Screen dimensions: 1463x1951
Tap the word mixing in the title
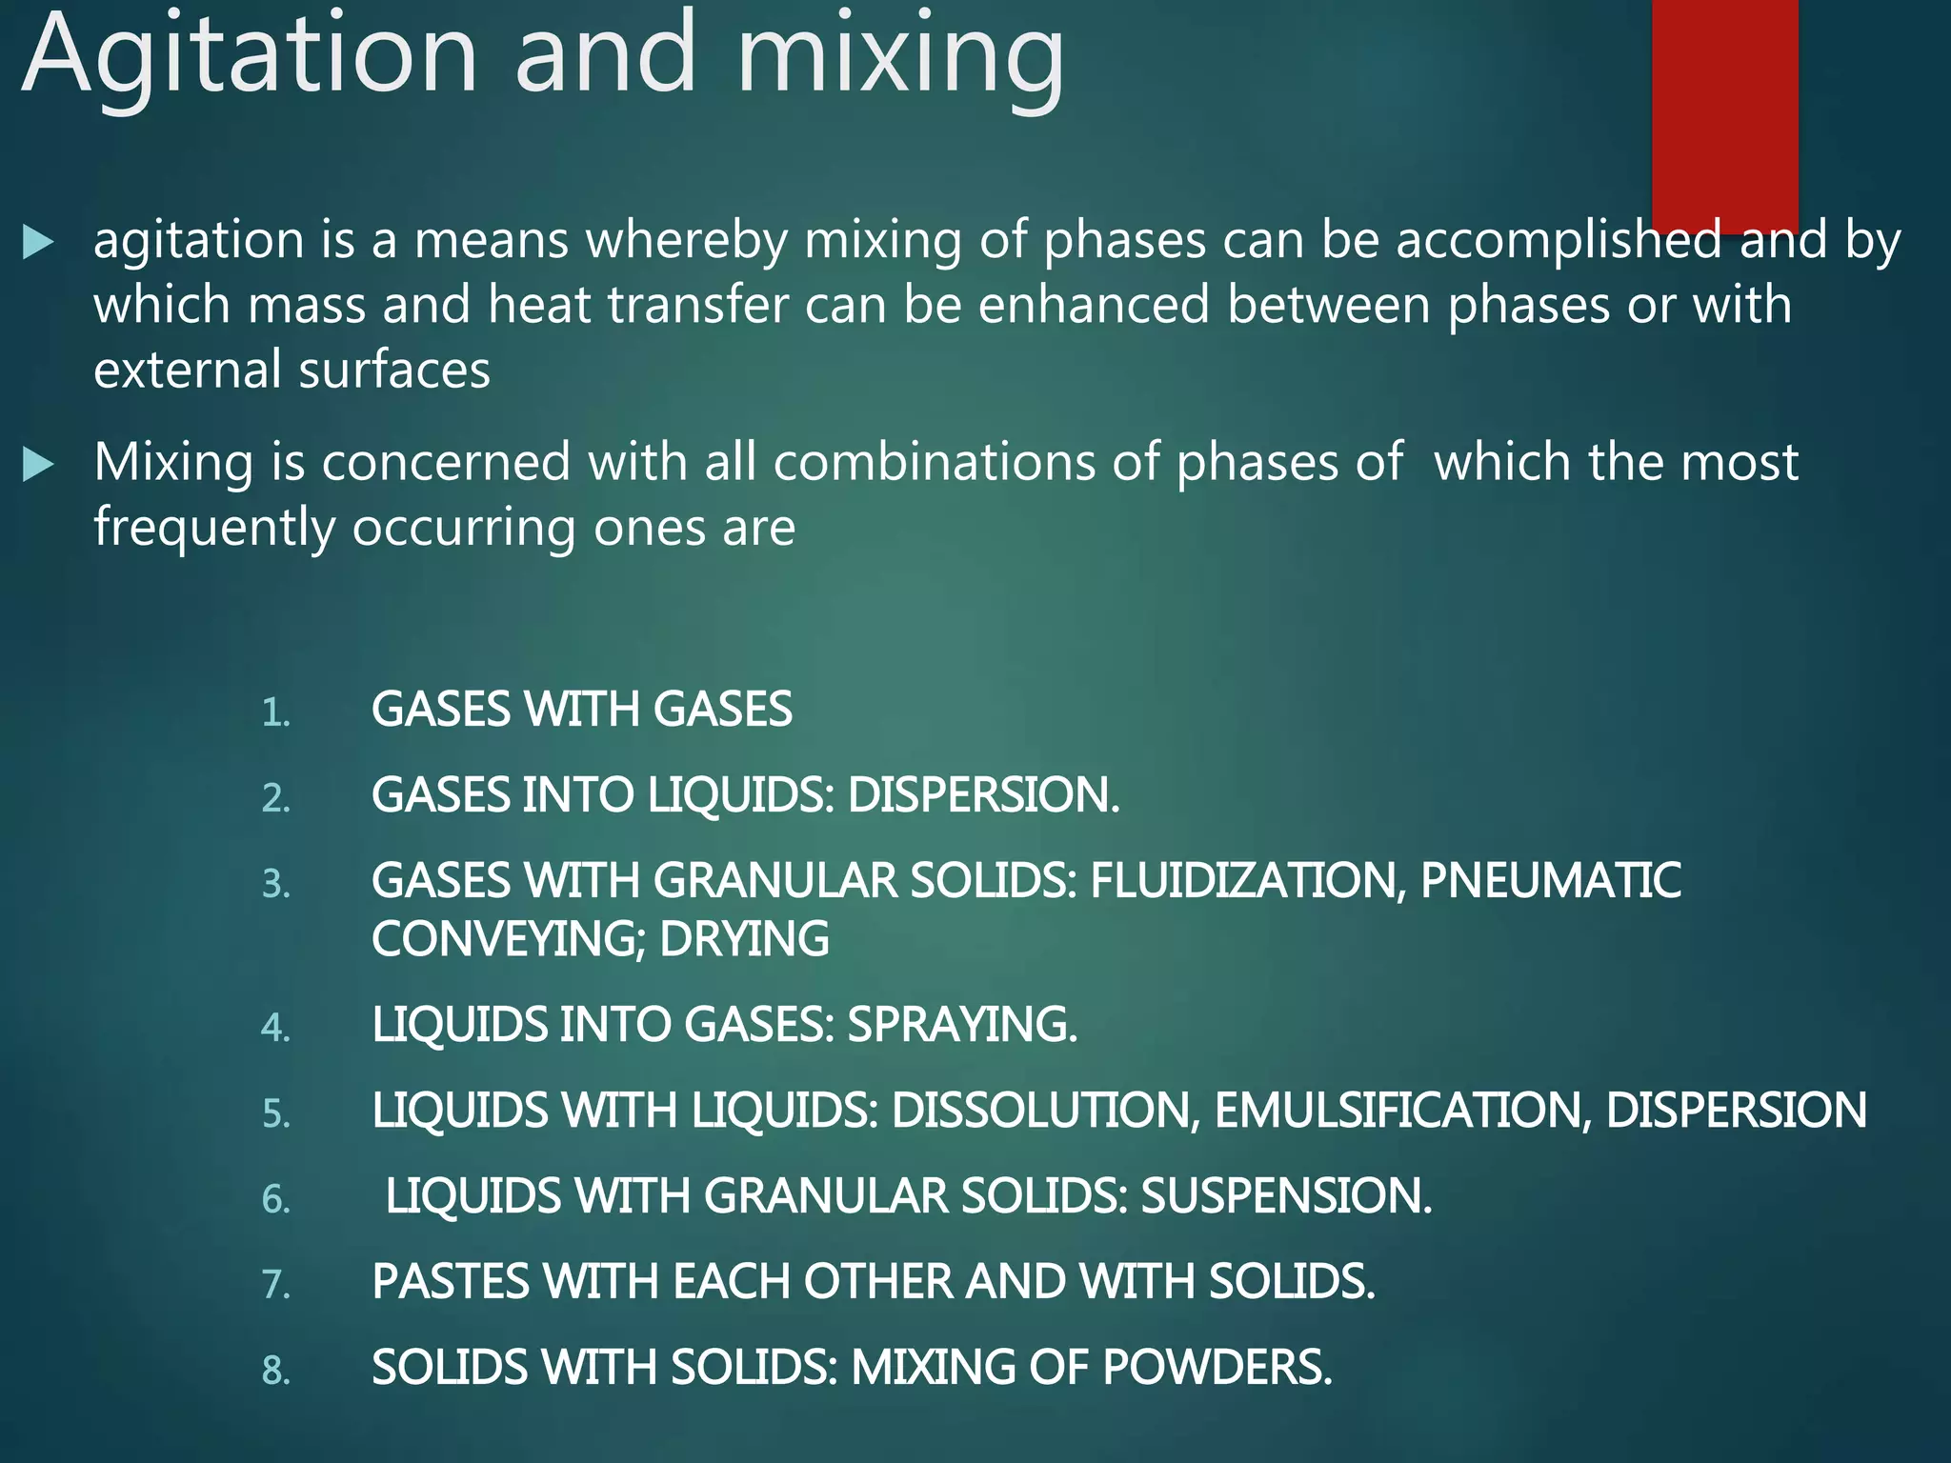click(900, 57)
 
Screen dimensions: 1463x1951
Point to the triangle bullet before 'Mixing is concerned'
click(38, 465)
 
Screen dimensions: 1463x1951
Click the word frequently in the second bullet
click(214, 528)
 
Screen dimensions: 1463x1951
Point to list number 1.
click(275, 712)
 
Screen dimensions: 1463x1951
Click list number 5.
click(275, 1113)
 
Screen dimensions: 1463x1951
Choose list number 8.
click(275, 1371)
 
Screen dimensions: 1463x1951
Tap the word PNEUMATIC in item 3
click(1551, 881)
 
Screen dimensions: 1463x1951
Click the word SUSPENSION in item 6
click(1286, 1196)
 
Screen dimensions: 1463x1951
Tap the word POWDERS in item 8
click(1217, 1368)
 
